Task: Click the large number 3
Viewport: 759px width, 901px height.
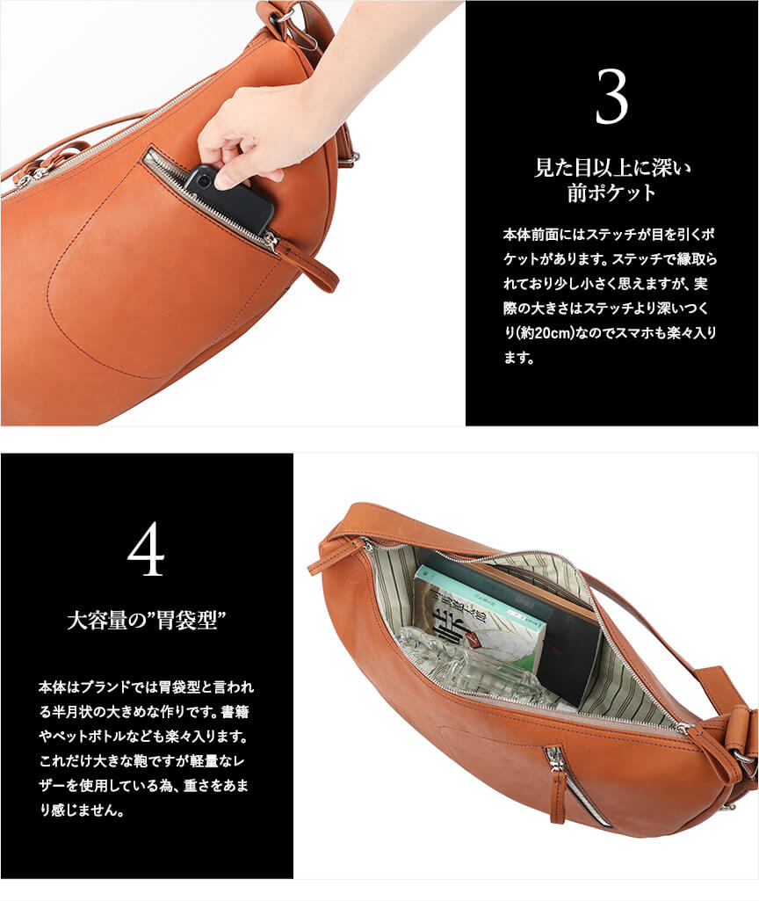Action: (611, 97)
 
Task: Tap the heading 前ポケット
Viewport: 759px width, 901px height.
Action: (611, 193)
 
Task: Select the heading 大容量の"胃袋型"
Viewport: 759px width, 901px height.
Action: (146, 621)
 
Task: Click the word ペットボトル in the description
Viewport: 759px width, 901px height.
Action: (83, 737)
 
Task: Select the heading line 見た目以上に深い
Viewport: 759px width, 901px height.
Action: (612, 168)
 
